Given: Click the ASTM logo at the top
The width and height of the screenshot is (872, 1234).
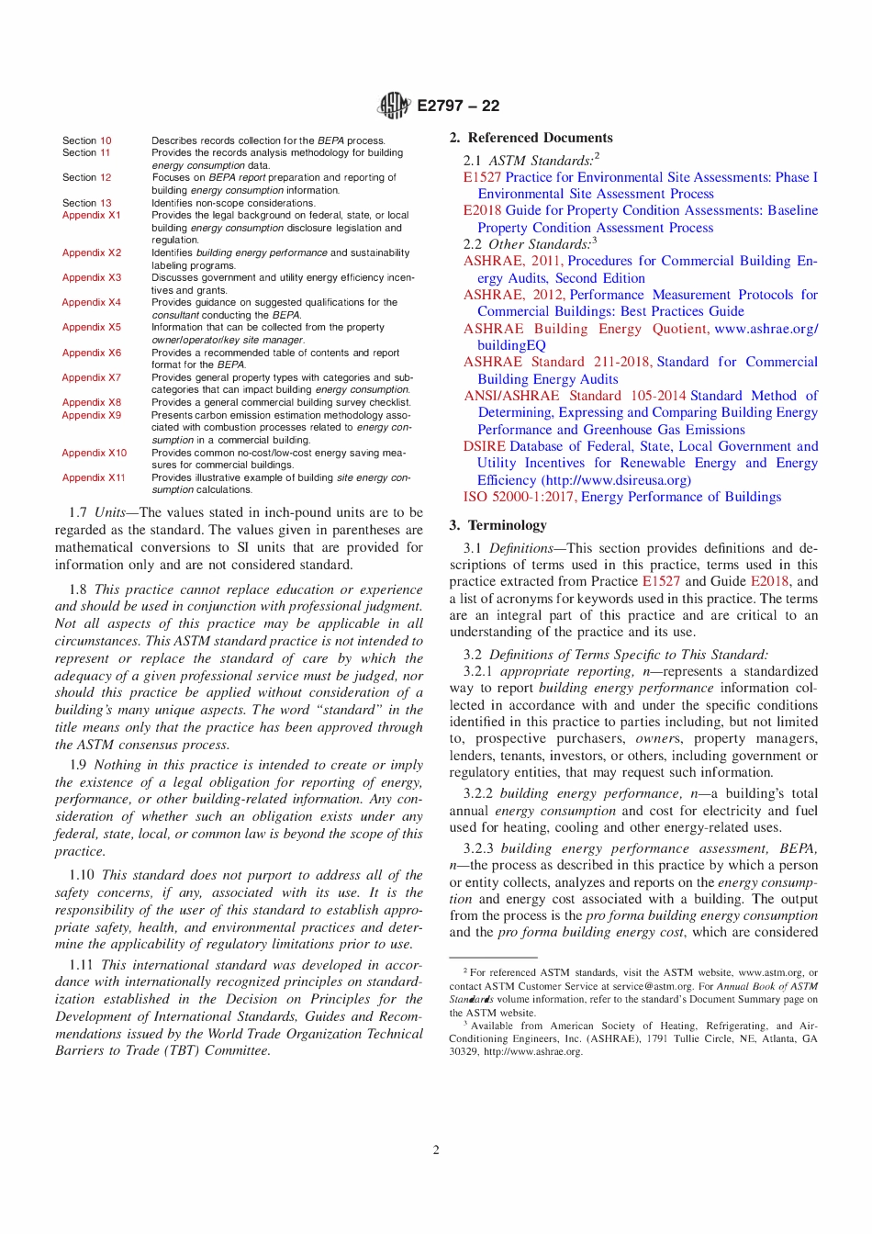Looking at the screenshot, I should tap(393, 106).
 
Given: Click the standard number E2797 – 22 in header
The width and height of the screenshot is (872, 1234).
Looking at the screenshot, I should tap(458, 106).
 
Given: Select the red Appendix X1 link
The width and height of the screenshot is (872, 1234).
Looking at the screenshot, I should tap(91, 215).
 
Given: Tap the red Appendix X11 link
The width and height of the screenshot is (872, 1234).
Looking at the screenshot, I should tap(94, 477).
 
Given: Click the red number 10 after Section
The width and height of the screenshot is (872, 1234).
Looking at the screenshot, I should tap(106, 140).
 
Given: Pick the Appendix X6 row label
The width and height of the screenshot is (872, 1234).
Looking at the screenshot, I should tap(91, 353).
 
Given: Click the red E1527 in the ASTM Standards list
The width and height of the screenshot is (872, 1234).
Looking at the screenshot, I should tap(482, 177).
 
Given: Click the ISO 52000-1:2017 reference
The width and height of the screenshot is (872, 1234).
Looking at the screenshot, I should tap(520, 497).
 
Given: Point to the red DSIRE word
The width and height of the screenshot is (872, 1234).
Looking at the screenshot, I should tap(484, 446).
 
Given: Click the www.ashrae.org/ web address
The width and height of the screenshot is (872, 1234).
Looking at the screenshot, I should tap(766, 329).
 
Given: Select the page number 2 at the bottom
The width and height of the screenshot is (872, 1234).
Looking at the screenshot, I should tap(436, 1150).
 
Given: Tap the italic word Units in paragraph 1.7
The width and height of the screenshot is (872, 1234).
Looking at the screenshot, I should tap(109, 512).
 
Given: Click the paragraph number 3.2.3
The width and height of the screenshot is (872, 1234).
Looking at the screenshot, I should tap(478, 848).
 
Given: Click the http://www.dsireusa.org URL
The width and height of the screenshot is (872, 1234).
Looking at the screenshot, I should tap(616, 480).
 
